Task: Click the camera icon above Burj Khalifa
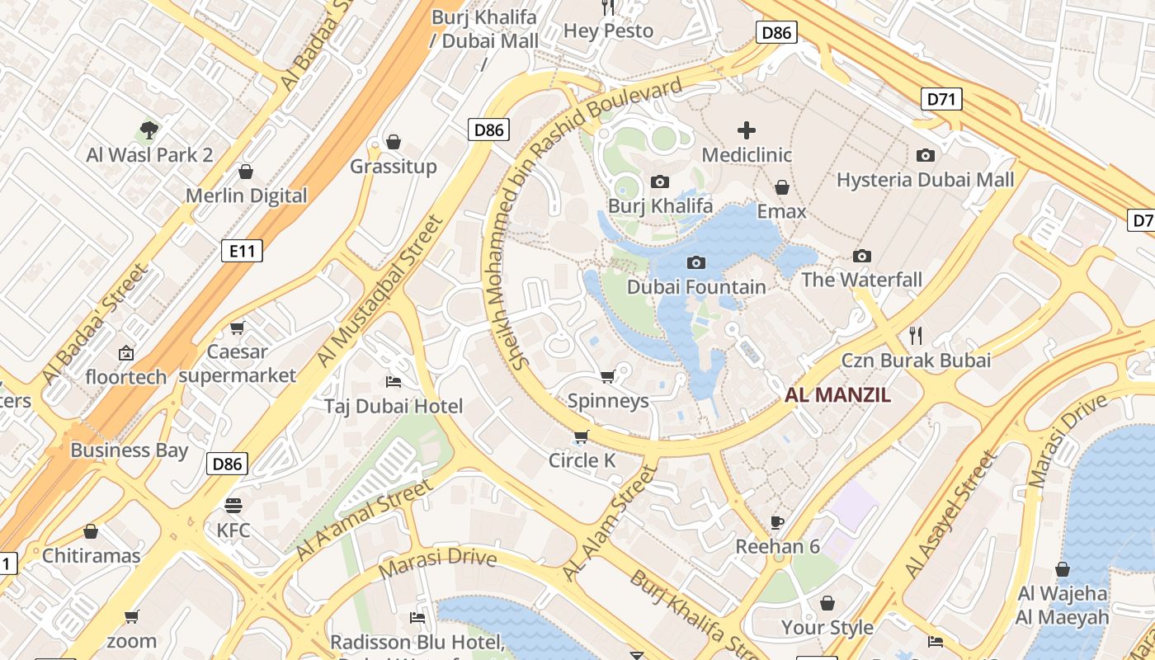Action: tap(660, 181)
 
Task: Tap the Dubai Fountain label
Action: tap(696, 287)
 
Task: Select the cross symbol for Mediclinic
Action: tap(747, 130)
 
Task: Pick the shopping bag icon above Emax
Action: tap(781, 188)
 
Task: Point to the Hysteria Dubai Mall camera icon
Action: tap(926, 155)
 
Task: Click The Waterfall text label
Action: tap(861, 280)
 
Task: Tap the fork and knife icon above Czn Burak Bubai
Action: tap(915, 335)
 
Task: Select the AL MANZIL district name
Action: tap(837, 394)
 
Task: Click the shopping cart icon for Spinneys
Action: tap(608, 377)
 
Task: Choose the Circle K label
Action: tap(582, 460)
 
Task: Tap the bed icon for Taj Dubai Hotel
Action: tap(394, 381)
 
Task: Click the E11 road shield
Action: tap(242, 251)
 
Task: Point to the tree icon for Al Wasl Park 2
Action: tap(149, 130)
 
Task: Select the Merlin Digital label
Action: tap(246, 196)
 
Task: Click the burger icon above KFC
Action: tap(233, 505)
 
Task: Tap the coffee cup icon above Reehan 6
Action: tap(776, 521)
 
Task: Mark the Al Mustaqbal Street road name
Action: tap(381, 291)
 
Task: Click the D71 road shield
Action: tap(940, 100)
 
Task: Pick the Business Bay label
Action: tap(129, 450)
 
